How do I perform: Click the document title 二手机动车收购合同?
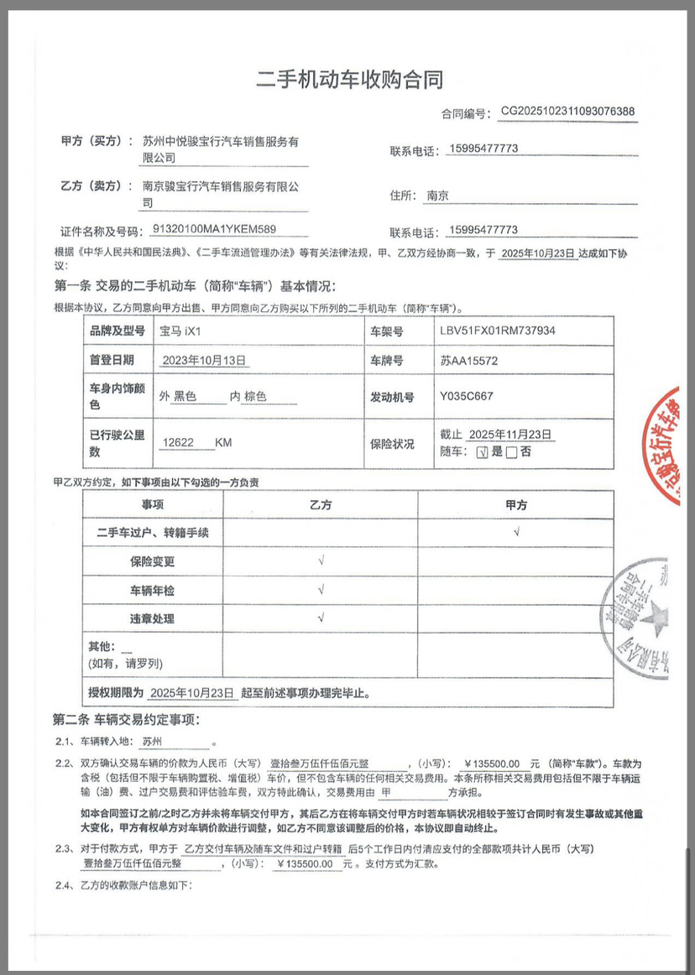coord(348,80)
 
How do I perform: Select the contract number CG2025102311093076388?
coord(567,111)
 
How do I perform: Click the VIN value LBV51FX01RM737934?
coord(497,331)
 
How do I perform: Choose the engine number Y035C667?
coord(466,396)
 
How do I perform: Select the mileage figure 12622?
coord(179,442)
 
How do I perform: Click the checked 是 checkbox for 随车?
coord(482,452)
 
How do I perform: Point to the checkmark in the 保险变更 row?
coord(321,561)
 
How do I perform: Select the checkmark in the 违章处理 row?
coord(321,618)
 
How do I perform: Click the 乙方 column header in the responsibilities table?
coord(321,505)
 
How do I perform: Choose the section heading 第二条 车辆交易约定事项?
coord(126,720)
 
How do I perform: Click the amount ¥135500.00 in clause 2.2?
coord(499,764)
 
